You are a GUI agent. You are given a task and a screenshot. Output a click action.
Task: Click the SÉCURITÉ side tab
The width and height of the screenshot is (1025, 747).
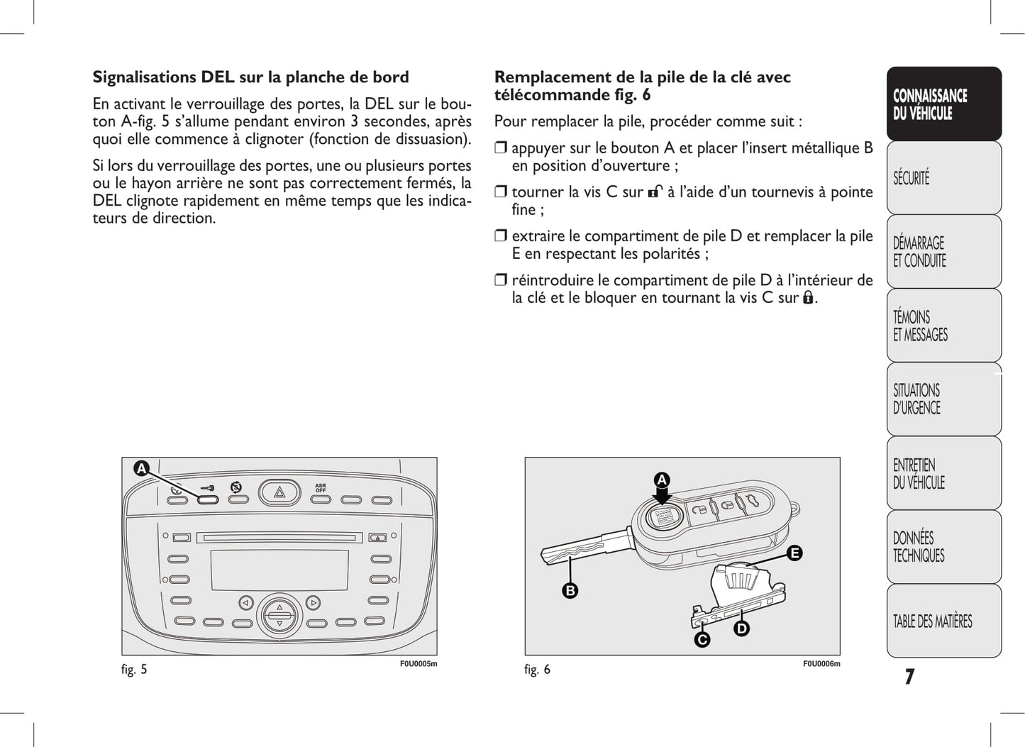click(943, 178)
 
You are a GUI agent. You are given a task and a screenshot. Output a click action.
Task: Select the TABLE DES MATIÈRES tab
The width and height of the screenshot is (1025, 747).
click(943, 621)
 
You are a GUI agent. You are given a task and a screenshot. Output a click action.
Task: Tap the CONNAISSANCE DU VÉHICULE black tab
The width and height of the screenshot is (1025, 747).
click(943, 104)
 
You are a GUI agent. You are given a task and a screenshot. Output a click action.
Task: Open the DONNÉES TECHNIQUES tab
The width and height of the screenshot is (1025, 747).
click(943, 547)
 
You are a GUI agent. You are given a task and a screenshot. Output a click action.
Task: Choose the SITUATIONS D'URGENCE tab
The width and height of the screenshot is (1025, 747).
click(943, 399)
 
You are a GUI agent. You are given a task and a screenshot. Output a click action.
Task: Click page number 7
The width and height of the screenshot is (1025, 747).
click(909, 677)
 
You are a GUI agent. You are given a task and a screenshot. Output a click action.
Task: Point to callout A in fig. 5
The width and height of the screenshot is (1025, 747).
click(142, 469)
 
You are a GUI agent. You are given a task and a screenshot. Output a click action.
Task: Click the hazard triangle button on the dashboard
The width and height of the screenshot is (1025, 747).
click(279, 492)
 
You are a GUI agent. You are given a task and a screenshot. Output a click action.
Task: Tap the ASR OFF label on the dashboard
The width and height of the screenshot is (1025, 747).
click(321, 488)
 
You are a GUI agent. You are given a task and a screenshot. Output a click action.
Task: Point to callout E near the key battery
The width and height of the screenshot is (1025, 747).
click(794, 553)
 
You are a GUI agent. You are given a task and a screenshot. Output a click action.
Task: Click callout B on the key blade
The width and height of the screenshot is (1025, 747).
click(570, 590)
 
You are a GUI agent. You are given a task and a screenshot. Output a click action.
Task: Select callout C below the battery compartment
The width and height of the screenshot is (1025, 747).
click(702, 640)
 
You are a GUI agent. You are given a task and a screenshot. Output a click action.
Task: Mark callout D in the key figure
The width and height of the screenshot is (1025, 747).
click(741, 629)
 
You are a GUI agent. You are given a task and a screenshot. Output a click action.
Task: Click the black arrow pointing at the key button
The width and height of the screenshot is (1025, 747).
click(662, 501)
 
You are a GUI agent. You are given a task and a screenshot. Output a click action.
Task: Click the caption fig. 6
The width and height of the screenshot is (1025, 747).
click(537, 669)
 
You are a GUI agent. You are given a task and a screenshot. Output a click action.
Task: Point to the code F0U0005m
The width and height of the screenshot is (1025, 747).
click(419, 664)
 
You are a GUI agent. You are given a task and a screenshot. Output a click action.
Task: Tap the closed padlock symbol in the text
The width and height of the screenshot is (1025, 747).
click(808, 298)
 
